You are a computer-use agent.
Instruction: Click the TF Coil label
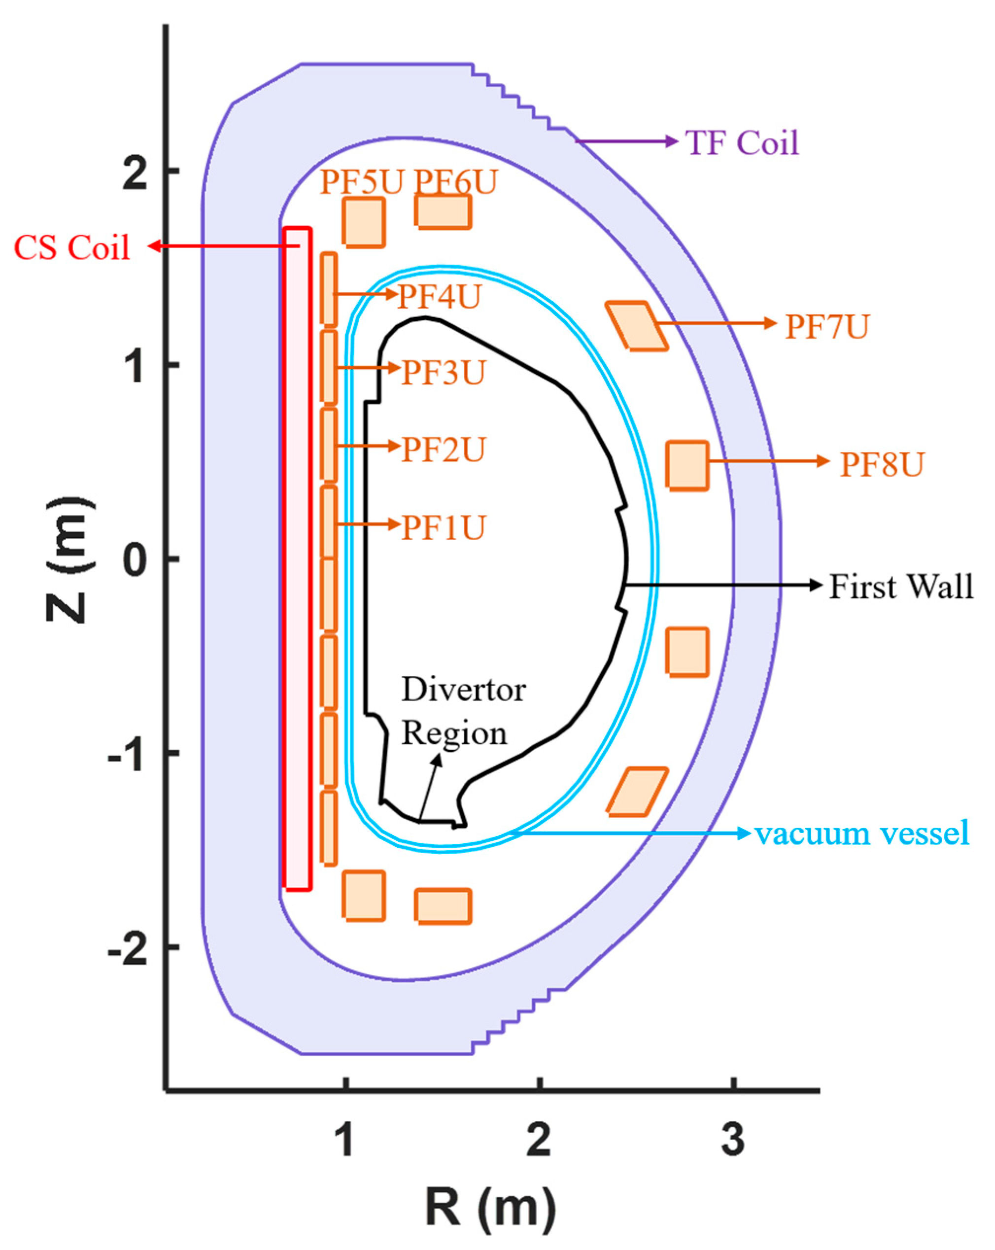[742, 142]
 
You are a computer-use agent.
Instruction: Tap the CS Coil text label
[71, 247]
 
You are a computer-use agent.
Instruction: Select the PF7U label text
[827, 326]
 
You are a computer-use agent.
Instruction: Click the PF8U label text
[881, 464]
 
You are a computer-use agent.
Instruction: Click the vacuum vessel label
[861, 833]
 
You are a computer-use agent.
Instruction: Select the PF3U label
[443, 372]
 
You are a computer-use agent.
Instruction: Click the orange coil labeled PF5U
[363, 223]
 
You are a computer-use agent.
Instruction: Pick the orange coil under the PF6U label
[444, 211]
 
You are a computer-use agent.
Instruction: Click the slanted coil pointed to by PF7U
[637, 326]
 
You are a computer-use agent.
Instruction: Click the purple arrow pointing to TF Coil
[626, 141]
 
